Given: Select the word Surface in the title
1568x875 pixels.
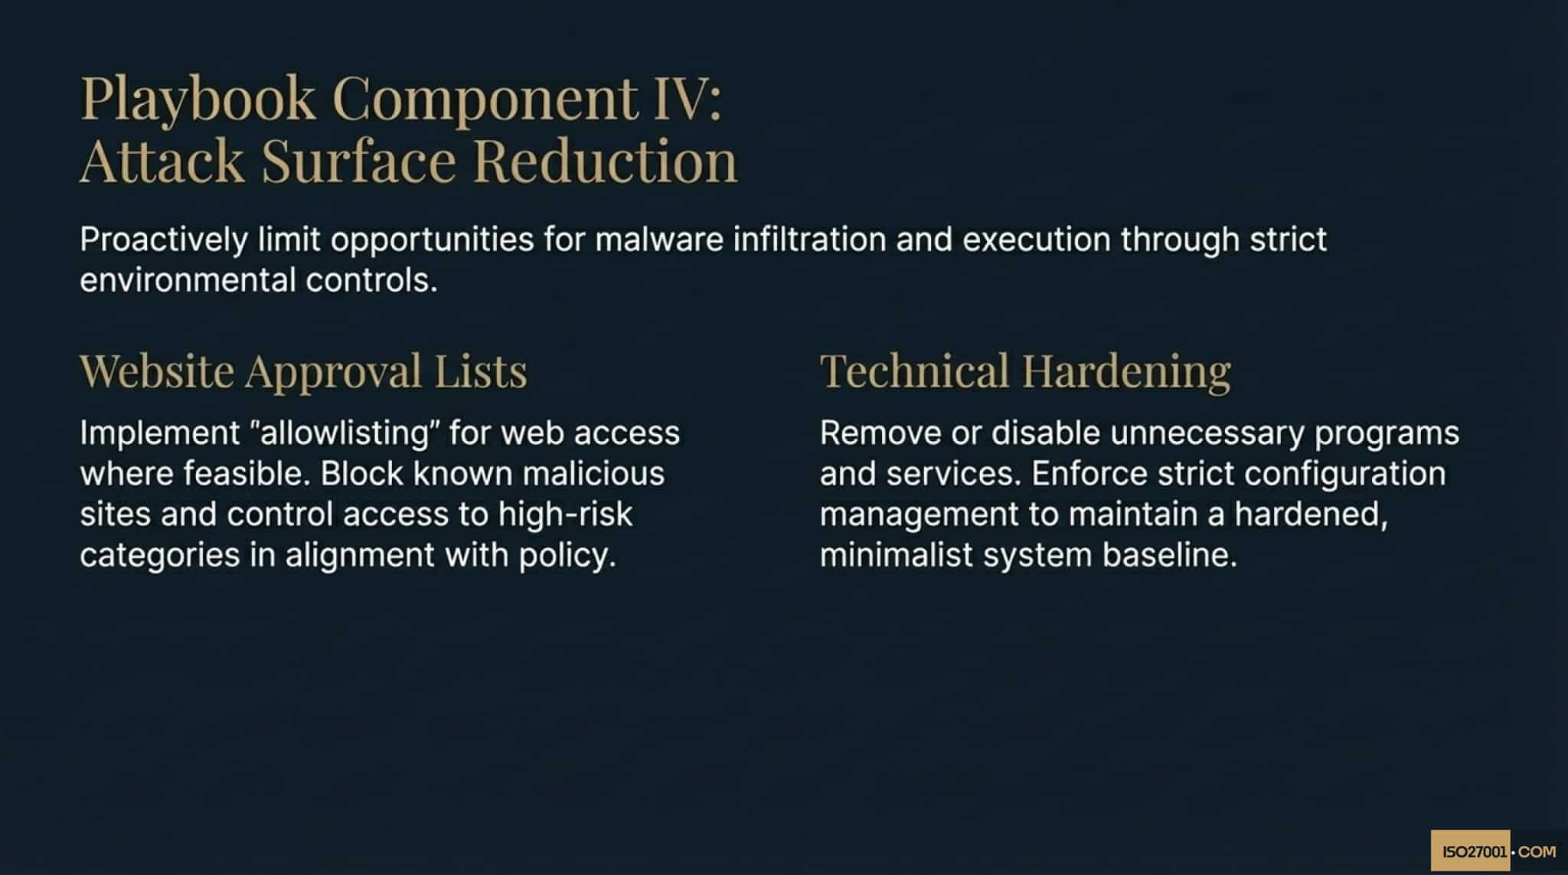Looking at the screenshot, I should point(358,161).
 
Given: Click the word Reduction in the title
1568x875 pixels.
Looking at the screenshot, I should point(605,161).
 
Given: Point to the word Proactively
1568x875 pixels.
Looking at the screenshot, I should point(164,240).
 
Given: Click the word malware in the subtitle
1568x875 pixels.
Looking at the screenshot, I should point(659,240).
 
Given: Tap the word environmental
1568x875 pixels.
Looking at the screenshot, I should point(188,281).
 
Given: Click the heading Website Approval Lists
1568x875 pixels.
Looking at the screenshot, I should point(303,371).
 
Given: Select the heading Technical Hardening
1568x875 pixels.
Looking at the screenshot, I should point(1025,371).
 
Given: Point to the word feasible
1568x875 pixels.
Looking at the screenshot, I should point(247,474).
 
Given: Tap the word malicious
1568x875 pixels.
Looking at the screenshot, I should point(593,474).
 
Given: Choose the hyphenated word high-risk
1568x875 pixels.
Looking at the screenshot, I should point(565,514).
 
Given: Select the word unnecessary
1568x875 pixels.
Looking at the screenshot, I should point(1207,433).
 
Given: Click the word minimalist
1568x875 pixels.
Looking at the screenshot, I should point(896,555).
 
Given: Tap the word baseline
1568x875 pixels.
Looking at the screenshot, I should point(1169,555).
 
